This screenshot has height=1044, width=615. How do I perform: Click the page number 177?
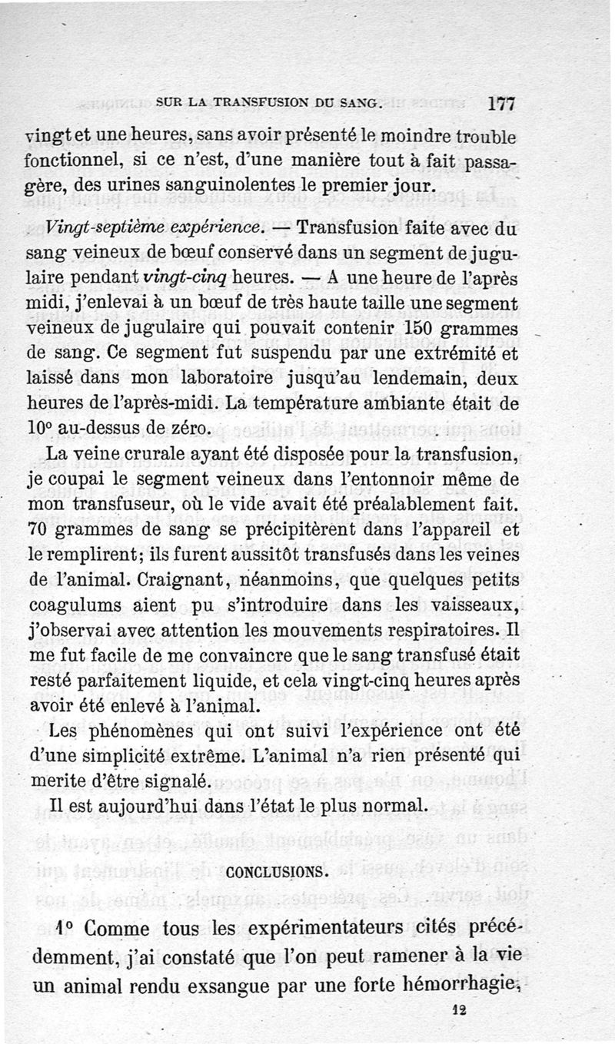(501, 103)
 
